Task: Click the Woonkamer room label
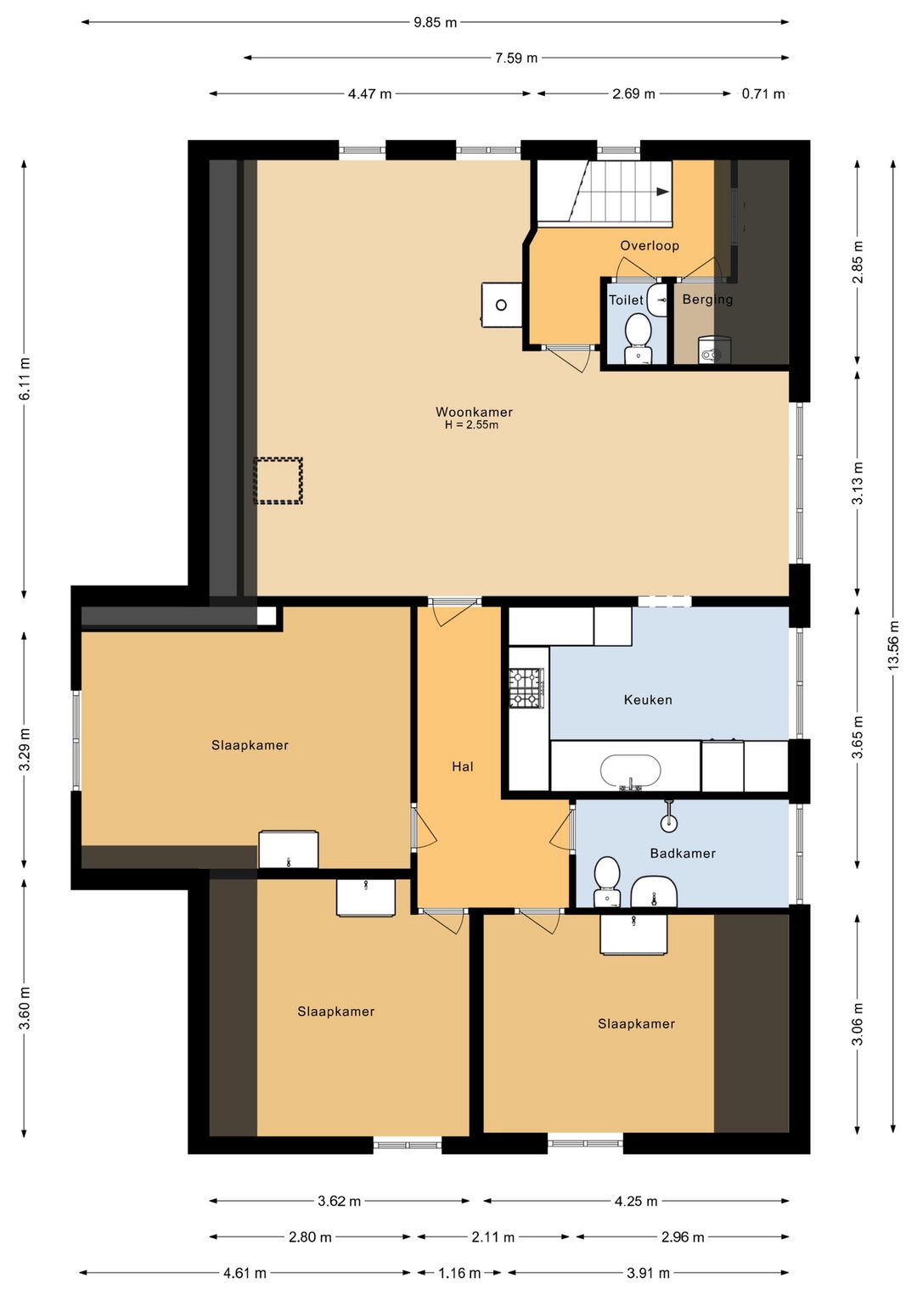[474, 412]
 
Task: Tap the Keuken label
[648, 700]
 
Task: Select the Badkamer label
[683, 854]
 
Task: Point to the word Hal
[462, 766]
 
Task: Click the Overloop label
[650, 246]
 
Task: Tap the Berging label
[707, 300]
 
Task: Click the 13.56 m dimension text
[894, 646]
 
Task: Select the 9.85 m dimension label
[435, 23]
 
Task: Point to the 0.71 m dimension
[763, 93]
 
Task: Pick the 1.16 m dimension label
[458, 1272]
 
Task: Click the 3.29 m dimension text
[25, 750]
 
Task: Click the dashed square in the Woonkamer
[278, 480]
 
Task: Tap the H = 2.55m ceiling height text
[471, 425]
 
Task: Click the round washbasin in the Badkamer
[669, 822]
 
